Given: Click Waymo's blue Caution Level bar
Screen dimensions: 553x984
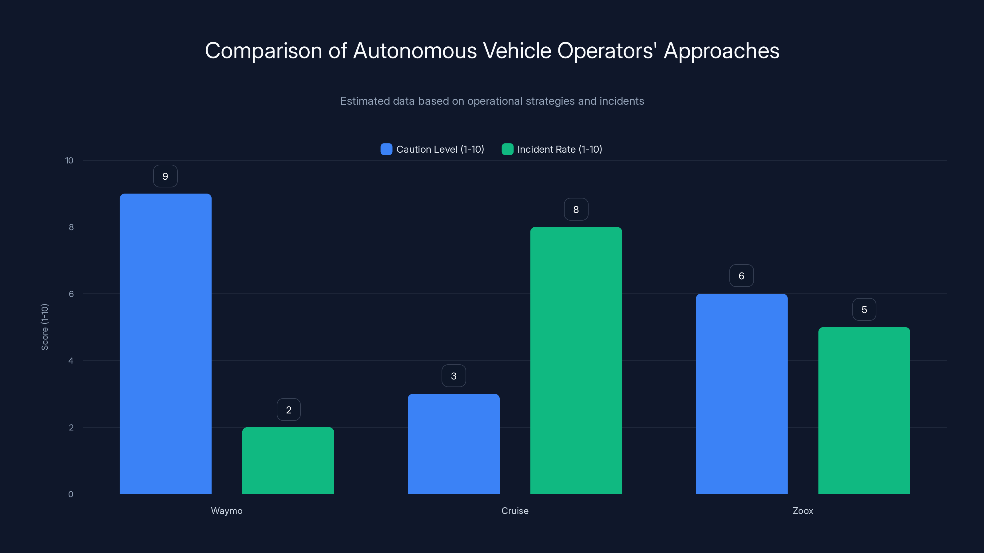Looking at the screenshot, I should (165, 343).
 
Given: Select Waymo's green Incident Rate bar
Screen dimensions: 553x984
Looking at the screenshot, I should (288, 460).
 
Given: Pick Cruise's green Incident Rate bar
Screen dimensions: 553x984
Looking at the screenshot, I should (576, 360).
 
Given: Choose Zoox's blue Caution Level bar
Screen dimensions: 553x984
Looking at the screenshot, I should (741, 394).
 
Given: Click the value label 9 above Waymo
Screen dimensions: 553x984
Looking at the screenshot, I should (165, 176).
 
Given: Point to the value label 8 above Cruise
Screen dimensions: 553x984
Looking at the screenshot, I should (576, 210).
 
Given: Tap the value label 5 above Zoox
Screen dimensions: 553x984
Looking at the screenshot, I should (864, 309).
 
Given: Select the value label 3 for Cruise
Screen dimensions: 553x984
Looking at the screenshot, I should (454, 376).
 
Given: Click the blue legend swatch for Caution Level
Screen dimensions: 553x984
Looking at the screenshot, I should (386, 149).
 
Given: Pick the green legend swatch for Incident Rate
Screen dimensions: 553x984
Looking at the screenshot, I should (507, 149).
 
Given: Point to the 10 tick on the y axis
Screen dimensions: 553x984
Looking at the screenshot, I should (69, 161).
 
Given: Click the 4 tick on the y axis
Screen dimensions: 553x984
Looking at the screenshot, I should (71, 361).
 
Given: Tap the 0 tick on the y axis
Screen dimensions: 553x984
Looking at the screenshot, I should (71, 494).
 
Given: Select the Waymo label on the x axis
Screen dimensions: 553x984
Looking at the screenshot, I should (227, 511).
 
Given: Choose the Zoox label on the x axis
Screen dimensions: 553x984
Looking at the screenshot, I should (803, 511).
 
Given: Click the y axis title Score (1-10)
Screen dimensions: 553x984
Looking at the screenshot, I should (45, 327).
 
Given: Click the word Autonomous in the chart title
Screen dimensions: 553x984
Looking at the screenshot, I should (415, 51).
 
